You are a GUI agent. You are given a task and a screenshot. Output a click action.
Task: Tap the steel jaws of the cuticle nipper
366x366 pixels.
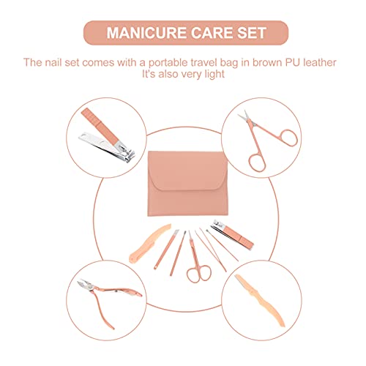pos(82,288)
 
